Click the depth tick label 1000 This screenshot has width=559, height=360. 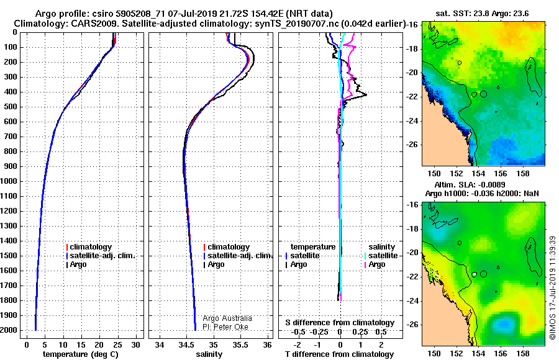click(9, 181)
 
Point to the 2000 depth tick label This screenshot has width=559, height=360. click(9, 330)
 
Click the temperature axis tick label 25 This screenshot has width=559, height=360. click(117, 345)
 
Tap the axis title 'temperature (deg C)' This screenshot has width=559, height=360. click(81, 354)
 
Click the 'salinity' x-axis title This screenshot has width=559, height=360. click(209, 354)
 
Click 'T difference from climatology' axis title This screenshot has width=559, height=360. click(340, 354)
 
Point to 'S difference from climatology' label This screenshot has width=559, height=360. click(340, 323)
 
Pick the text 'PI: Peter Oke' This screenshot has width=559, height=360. click(225, 327)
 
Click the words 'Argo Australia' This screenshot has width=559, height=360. click(227, 318)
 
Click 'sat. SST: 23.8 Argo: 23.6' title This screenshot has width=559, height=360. click(482, 14)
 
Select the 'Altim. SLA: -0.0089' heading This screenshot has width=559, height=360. click(470, 184)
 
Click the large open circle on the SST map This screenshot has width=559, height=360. click(483, 94)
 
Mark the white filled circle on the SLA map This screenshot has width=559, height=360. click(474, 274)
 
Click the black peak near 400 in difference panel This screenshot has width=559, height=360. click(366, 94)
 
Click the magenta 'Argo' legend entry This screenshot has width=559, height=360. click(375, 264)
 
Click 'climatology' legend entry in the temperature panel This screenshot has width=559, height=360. click(89, 247)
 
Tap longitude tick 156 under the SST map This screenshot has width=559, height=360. click(501, 174)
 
